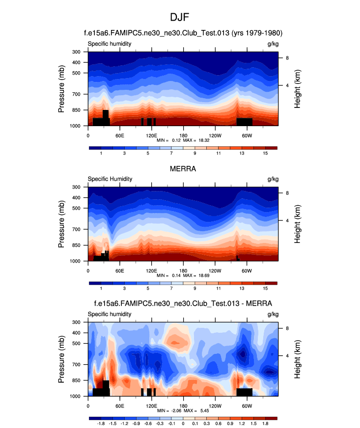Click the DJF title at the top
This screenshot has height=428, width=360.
(x=180, y=17)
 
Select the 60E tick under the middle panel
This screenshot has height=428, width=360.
(x=119, y=270)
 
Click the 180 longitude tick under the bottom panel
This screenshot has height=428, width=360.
(x=183, y=405)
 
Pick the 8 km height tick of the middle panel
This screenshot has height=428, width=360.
(x=287, y=193)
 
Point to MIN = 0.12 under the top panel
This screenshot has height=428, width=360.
(x=166, y=140)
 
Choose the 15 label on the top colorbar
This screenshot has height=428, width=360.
(x=265, y=154)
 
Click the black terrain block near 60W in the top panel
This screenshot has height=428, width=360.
(x=244, y=122)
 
